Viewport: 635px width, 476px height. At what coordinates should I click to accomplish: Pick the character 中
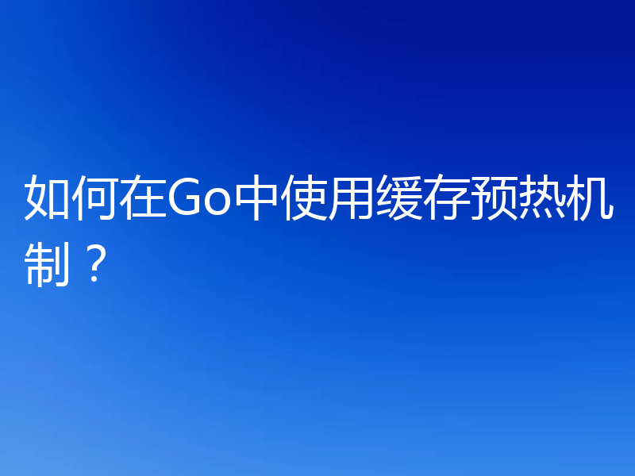pos(253,198)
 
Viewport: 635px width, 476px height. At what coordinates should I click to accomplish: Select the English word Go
pos(198,199)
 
